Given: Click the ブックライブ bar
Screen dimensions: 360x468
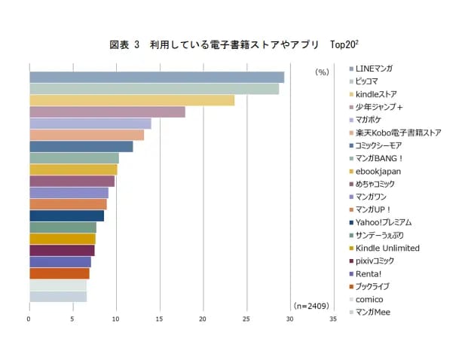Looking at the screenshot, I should [x=60, y=273].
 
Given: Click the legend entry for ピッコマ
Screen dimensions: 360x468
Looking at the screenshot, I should [x=367, y=81].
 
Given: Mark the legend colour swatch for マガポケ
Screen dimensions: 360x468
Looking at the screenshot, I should [x=350, y=120].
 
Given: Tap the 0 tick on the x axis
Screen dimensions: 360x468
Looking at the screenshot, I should [x=29, y=319].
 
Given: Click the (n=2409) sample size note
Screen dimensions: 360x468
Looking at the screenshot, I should [x=311, y=306].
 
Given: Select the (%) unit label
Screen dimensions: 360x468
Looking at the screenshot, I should [x=323, y=72].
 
